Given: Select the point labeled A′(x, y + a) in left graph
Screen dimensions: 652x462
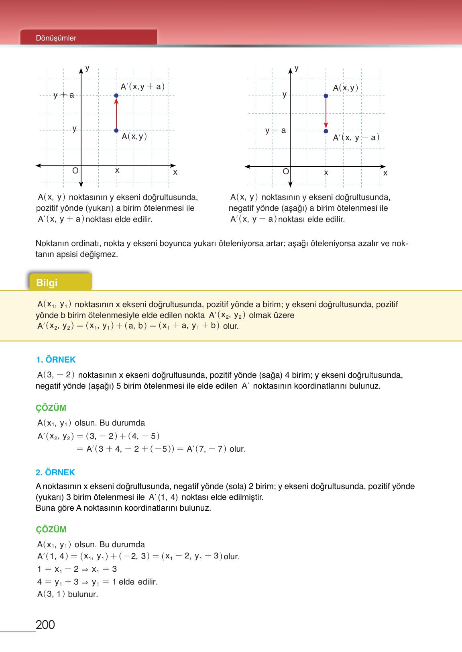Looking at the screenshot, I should [x=116, y=96].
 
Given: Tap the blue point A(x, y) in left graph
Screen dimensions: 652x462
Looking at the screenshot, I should [x=116, y=130].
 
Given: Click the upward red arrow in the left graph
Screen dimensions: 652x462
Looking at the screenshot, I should [x=116, y=113].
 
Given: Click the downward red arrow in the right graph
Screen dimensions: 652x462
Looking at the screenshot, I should [x=326, y=113].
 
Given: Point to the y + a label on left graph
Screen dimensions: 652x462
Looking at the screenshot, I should [x=64, y=95].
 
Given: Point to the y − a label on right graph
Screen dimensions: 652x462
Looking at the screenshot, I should [x=275, y=130].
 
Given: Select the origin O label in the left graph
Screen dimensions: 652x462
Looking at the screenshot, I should [x=75, y=171].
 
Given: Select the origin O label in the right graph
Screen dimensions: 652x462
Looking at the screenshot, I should [x=286, y=171].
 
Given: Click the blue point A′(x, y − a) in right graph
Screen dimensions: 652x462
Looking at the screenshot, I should [x=326, y=131].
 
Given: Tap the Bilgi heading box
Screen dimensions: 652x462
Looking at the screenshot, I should [x=60, y=283].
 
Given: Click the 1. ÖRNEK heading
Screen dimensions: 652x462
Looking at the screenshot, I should [x=55, y=360].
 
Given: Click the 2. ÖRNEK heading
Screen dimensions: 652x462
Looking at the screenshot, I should [x=55, y=473].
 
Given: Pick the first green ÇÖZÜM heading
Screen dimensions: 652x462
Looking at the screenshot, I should [x=51, y=408].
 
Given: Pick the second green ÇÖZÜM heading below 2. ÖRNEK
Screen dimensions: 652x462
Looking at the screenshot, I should [x=51, y=530].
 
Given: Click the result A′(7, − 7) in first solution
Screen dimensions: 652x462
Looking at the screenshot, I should [x=207, y=449].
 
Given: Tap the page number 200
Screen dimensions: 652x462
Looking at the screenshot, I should [x=45, y=625].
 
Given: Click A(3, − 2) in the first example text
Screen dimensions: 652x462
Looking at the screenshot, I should [x=56, y=375].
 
